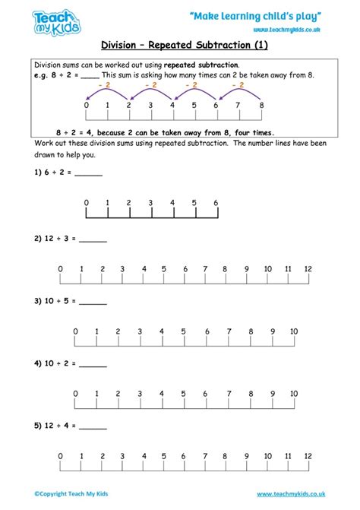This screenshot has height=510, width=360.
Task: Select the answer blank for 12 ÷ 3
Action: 93,240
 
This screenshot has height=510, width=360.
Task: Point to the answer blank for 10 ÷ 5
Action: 93,302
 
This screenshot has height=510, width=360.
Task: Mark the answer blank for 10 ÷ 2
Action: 93,364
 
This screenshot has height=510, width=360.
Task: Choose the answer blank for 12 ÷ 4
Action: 93,426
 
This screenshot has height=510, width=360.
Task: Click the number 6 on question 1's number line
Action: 216,203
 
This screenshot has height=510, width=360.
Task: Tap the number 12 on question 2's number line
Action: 308,270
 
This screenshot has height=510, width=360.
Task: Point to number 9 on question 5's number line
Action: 245,457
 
